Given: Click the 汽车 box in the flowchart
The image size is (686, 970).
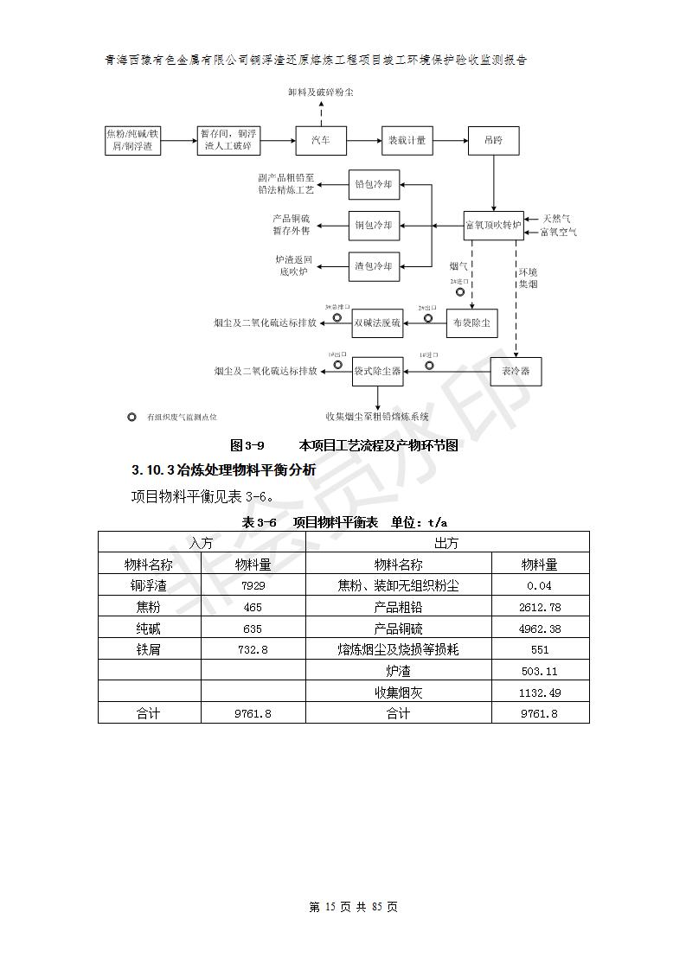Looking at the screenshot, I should (321, 140).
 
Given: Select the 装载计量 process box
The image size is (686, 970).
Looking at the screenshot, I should (407, 140).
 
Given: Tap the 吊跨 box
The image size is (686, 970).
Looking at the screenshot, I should (493, 140).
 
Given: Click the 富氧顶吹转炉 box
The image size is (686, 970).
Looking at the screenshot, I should (493, 226).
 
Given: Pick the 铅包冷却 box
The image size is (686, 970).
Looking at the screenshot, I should (374, 184).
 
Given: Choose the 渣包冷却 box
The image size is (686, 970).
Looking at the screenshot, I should (374, 265).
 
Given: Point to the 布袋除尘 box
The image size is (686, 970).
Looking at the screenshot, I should (472, 323).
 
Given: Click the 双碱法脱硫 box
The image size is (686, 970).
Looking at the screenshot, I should (377, 323).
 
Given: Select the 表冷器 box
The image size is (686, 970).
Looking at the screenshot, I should (516, 371).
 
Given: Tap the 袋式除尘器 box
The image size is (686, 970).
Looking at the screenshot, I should (377, 371).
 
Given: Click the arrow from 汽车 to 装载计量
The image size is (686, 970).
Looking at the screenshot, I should (363, 140).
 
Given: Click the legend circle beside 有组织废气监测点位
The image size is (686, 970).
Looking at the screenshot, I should (131, 417).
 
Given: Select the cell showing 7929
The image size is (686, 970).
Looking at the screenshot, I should (253, 585).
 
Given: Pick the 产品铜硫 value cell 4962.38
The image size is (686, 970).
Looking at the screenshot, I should (540, 629).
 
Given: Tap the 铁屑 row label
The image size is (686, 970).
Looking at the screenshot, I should (149, 649).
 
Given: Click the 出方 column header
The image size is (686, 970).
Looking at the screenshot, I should (446, 542).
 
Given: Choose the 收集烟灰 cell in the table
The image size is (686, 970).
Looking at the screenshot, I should (398, 692).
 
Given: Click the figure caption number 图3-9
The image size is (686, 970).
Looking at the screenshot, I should (247, 446).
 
